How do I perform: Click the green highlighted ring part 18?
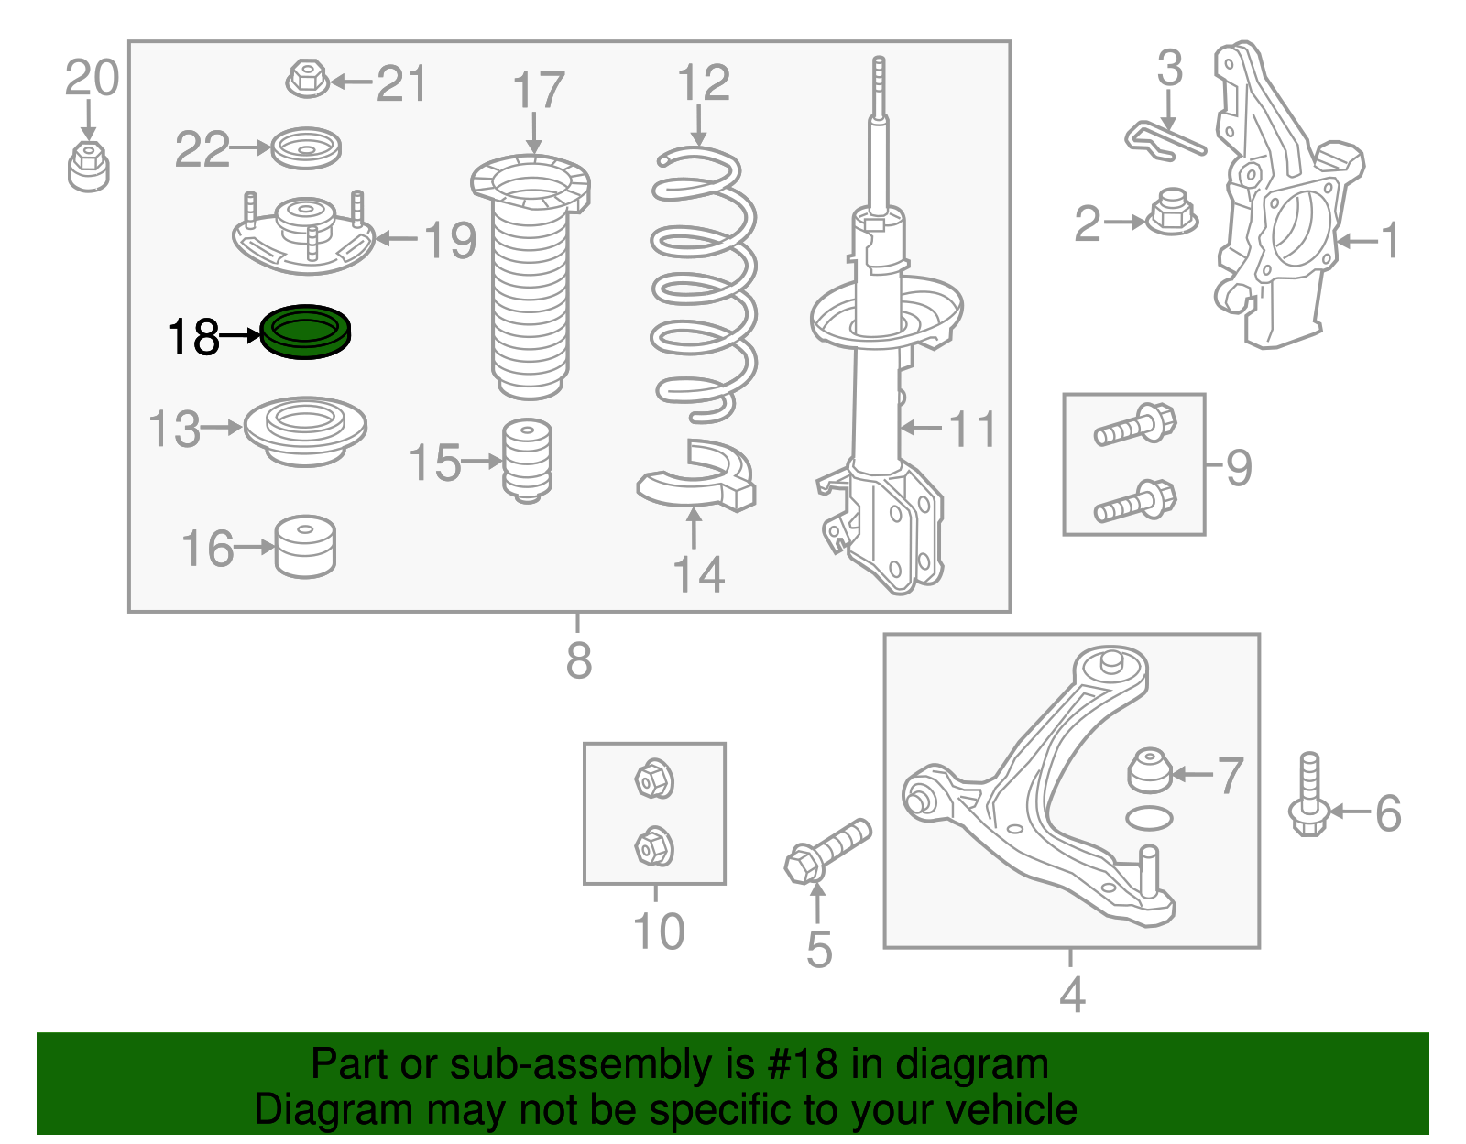(x=305, y=332)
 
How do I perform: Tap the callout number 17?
(x=538, y=92)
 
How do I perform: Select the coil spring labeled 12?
(x=704, y=284)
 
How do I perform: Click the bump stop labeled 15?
(x=528, y=461)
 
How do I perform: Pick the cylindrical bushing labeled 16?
(x=306, y=548)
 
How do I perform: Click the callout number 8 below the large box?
(x=578, y=659)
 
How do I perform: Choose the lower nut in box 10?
(x=654, y=846)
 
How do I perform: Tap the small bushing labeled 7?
(x=1149, y=770)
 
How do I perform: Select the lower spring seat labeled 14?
(x=697, y=477)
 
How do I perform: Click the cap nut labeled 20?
(x=89, y=166)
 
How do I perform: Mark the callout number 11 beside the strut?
(x=972, y=428)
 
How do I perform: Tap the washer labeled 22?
(x=306, y=147)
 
